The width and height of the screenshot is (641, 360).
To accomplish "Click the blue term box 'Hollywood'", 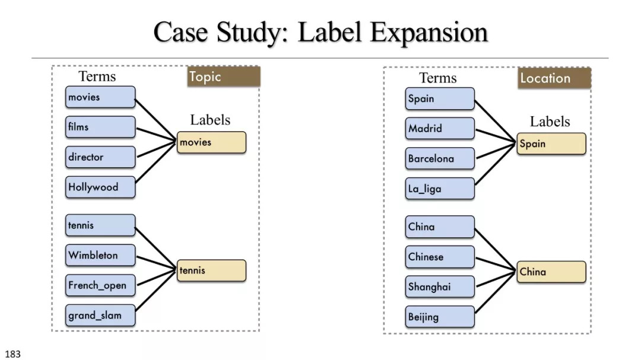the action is [100, 187].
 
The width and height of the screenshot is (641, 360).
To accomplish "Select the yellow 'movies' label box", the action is [211, 142].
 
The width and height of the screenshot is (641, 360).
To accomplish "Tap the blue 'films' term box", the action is [100, 127].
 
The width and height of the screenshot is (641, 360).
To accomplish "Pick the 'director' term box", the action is [100, 157].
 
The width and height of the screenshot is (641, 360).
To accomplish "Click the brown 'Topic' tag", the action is [224, 77].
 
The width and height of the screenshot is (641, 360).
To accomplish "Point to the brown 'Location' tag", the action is [554, 78].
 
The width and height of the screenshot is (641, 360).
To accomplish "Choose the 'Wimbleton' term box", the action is [100, 256].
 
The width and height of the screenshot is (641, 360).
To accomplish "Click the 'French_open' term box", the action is [100, 285].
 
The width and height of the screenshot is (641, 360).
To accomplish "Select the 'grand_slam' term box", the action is [100, 316].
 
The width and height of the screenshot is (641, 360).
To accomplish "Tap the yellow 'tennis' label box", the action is [211, 270].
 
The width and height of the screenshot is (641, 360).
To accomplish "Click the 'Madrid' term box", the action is [440, 129].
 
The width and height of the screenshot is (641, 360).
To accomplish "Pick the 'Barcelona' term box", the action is [440, 158].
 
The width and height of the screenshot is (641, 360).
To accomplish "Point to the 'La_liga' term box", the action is [440, 189].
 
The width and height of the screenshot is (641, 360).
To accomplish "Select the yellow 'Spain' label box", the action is [551, 144].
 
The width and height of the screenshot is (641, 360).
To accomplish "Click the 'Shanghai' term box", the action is [440, 287].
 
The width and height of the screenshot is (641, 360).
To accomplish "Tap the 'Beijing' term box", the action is [440, 317].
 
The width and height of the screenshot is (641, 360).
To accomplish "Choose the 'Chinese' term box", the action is [440, 257].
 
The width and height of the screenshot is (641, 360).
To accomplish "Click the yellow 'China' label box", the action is [551, 272].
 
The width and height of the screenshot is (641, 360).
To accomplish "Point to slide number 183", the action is [12, 354].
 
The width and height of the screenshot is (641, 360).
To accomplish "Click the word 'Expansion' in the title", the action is [429, 33].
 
